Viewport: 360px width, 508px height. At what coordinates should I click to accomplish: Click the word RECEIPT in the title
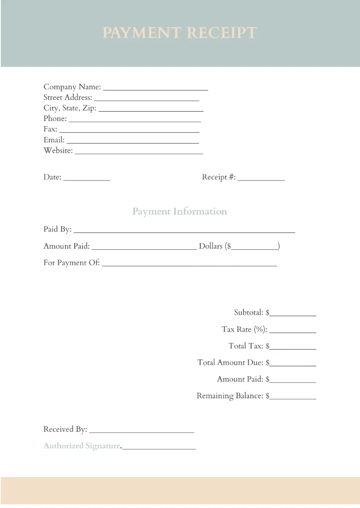pyautogui.click(x=222, y=33)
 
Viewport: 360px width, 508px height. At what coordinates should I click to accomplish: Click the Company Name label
pyautogui.click(x=72, y=87)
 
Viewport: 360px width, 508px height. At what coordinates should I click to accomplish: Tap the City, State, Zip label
pyautogui.click(x=70, y=108)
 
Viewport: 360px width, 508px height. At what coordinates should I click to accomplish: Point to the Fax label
pyautogui.click(x=50, y=129)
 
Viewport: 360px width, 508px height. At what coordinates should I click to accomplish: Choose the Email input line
pyautogui.click(x=133, y=142)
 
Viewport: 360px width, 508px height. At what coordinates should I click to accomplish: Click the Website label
pyautogui.click(x=58, y=151)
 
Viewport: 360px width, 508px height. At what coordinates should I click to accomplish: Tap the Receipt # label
pyautogui.click(x=219, y=177)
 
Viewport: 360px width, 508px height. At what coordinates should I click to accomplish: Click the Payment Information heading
pyautogui.click(x=180, y=212)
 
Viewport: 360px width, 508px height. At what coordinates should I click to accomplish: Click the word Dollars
pyautogui.click(x=210, y=246)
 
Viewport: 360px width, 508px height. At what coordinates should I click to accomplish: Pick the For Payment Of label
pyautogui.click(x=72, y=263)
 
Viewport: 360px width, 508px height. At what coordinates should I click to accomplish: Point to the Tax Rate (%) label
pyautogui.click(x=244, y=330)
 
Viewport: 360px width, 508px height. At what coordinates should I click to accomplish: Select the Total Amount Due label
pyautogui.click(x=230, y=363)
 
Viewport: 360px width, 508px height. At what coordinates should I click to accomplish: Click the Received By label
pyautogui.click(x=65, y=429)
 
